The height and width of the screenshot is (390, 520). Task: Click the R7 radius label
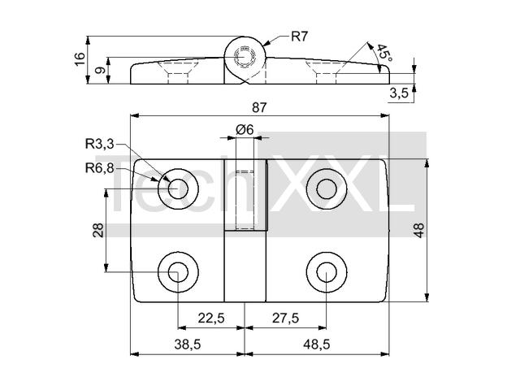pos(300,37)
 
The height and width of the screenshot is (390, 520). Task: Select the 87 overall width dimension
pos(259,108)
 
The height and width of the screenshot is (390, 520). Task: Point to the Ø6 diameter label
pos(245,130)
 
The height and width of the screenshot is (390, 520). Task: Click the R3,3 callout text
pos(99,144)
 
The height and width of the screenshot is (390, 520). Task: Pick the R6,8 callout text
pos(99,168)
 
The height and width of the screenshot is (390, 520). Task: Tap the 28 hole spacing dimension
pos(98,230)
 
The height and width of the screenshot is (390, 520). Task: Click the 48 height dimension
pos(419,230)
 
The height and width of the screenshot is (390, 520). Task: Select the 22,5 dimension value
pos(211,318)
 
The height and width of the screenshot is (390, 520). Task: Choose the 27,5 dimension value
pos(285,318)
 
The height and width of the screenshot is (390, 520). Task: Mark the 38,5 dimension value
pos(188,344)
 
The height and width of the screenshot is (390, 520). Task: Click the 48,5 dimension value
pos(316,344)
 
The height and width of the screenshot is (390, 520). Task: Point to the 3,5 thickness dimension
pos(399,93)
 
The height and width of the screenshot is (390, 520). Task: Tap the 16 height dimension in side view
pos(80,59)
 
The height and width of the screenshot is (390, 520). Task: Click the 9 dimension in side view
pos(101,71)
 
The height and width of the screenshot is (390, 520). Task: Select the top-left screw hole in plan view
pos(178,188)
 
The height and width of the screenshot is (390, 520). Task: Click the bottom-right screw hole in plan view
pos(327,272)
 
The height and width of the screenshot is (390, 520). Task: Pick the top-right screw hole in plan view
pos(327,188)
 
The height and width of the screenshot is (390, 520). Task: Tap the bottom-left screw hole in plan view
pos(178,272)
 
